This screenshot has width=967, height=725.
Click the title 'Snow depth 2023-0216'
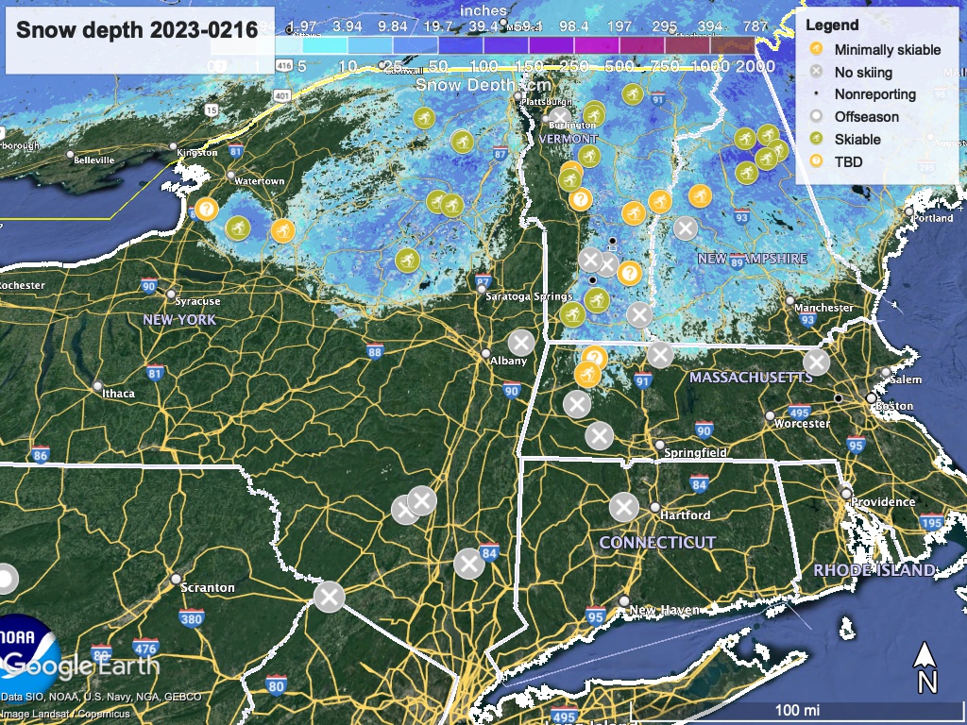[x=137, y=29]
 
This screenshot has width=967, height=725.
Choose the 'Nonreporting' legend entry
[x=874, y=94]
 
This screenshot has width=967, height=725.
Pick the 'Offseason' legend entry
[x=866, y=117]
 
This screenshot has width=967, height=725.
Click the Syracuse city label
[x=197, y=301]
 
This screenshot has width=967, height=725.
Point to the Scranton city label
[x=208, y=587]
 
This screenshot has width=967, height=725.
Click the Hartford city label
[x=686, y=515]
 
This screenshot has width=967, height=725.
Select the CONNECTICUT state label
[x=657, y=543]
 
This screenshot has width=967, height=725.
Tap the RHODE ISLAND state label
[x=874, y=570]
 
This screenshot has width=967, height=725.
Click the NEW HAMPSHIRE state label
[x=752, y=258]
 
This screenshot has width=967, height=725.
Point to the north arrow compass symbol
[x=926, y=666]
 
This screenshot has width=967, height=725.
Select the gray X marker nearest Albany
[x=521, y=342]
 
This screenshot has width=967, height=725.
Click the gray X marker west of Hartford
[x=622, y=507]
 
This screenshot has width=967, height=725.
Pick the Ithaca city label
[x=119, y=394]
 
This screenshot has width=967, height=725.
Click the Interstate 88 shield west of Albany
[x=375, y=352]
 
